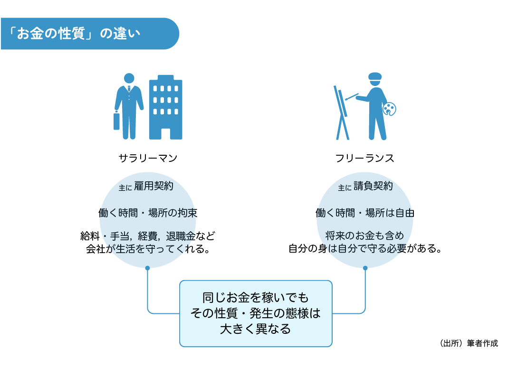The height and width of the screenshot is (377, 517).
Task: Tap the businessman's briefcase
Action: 116,121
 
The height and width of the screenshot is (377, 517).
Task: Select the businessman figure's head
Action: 129,79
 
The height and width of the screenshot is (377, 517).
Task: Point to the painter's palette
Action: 389,109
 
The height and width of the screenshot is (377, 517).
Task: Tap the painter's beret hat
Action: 375,76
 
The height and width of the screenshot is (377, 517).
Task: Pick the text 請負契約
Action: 373,187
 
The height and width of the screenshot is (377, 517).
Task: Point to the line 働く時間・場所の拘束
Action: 148,213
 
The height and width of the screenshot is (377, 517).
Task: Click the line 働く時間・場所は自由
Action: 365,213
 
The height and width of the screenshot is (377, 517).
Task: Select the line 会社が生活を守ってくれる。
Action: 148,249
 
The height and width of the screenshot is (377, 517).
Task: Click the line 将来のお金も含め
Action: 365,236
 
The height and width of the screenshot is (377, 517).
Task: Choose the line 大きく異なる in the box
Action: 256,329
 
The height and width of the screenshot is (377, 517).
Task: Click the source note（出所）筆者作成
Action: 469,343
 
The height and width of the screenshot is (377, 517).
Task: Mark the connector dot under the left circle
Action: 148,268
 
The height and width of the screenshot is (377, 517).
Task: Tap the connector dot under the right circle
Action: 365,268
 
